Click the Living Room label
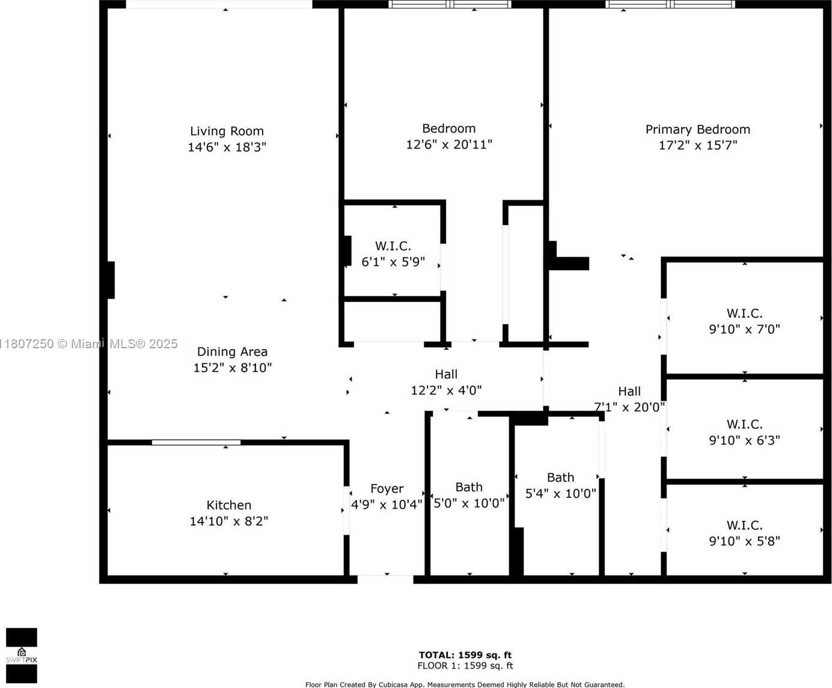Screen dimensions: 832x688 [227, 131]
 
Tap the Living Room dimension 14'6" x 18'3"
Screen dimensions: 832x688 [227, 147]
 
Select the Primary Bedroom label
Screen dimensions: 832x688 [698, 129]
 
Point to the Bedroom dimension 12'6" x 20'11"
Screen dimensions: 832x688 [449, 144]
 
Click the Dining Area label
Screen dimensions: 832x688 [232, 352]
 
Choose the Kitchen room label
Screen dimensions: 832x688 [228, 505]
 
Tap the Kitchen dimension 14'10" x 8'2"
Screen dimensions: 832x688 [228, 521]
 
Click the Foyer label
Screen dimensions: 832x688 [387, 489]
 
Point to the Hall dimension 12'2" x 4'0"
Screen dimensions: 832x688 [446, 390]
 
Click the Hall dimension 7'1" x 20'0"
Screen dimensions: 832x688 [629, 407]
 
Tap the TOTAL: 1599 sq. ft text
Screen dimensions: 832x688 [465, 655]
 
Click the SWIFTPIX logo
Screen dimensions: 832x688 [22, 656]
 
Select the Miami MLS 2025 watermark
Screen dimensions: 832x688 [88, 344]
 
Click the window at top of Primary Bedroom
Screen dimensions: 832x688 [670, 4]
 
